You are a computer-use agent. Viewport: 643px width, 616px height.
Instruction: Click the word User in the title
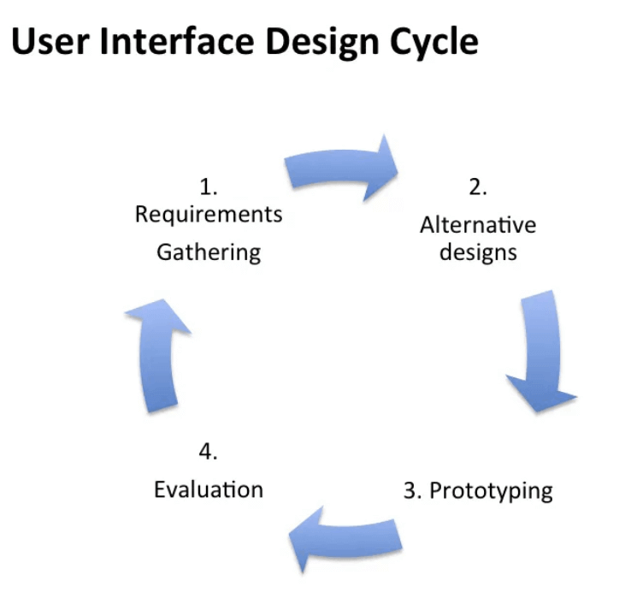coord(50,41)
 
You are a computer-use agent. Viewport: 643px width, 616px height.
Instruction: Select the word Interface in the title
coord(177,40)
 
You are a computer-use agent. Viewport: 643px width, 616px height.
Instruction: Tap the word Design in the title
coord(322,44)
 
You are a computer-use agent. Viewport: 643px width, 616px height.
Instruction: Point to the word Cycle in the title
coord(434,44)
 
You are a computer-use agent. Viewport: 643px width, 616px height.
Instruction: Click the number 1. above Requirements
coord(209,187)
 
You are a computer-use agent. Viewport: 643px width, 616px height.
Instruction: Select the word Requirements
coord(209,215)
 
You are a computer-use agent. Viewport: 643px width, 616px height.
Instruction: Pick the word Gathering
coord(209,252)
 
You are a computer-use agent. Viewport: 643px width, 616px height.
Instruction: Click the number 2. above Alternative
coord(478,187)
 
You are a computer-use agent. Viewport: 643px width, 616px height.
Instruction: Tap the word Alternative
coord(478,225)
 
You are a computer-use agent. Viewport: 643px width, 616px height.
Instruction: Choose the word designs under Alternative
coord(478,252)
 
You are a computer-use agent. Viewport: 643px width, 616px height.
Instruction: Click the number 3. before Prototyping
coord(412,490)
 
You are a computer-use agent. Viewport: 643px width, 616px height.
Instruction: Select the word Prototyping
coord(491,491)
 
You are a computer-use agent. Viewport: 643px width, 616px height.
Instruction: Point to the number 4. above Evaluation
coord(209,452)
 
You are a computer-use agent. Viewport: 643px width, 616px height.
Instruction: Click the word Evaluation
coord(209,489)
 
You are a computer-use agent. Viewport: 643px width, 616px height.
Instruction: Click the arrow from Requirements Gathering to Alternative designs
coord(340,169)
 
